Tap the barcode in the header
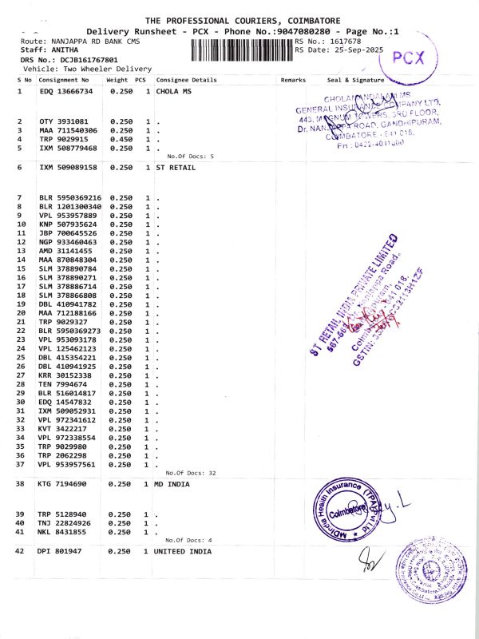242,50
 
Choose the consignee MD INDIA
174,484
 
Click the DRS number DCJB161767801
79,60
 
